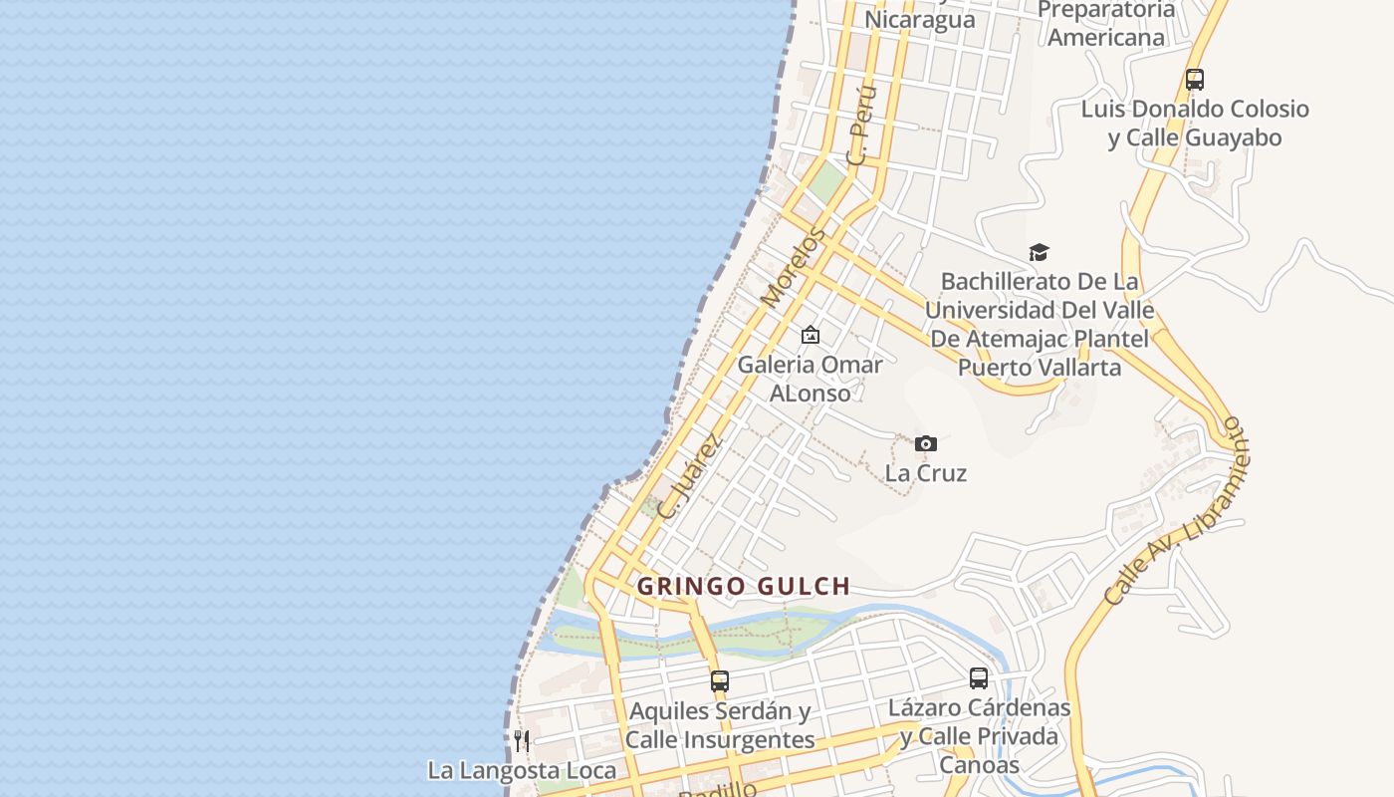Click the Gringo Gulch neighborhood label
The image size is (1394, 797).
click(x=743, y=586)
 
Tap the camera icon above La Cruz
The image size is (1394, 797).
click(x=926, y=443)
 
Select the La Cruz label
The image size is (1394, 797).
click(x=926, y=472)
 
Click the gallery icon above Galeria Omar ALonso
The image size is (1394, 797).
click(x=811, y=335)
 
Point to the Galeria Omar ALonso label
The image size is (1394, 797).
click(x=811, y=379)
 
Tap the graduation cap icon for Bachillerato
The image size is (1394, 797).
click(x=1039, y=253)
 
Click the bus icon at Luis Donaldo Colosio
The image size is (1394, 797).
click(x=1195, y=80)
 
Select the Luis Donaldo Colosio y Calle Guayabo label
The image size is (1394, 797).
click(x=1195, y=123)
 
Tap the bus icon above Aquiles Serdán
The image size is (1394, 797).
click(x=720, y=681)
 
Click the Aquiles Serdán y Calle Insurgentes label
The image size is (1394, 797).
click(x=720, y=725)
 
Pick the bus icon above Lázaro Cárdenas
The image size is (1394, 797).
click(x=979, y=678)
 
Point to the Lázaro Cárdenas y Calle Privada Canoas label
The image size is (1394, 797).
click(x=980, y=736)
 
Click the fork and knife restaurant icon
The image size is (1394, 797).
click(x=522, y=740)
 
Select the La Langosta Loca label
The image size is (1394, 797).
click(x=522, y=770)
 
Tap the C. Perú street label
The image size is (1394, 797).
click(x=861, y=125)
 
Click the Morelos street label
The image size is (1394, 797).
click(x=793, y=267)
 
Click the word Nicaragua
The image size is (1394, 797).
click(x=919, y=20)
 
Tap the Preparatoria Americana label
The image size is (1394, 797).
click(x=1106, y=24)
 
